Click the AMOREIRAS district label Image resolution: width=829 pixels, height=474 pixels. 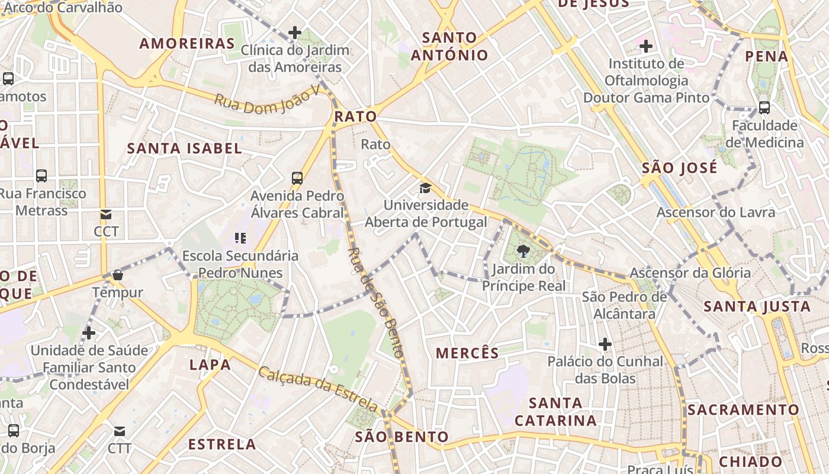click(x=187, y=43)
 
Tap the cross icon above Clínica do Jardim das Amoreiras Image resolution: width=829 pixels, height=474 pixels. click(x=294, y=33)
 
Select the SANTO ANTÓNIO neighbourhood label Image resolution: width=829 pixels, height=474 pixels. click(x=449, y=46)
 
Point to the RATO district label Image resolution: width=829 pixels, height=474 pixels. click(x=355, y=116)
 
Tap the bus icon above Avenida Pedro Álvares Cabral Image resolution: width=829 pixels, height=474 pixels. click(x=297, y=178)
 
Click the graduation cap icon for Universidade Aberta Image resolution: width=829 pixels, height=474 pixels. click(x=425, y=188)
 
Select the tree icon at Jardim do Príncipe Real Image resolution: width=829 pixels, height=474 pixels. click(x=523, y=252)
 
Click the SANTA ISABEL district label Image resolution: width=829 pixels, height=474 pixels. click(x=185, y=148)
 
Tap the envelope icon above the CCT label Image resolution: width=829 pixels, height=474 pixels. click(x=106, y=214)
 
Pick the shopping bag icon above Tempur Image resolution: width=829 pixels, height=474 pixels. click(x=117, y=275)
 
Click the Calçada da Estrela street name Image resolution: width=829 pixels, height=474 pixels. click(x=318, y=389)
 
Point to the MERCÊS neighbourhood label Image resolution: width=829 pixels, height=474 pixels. click(x=468, y=353)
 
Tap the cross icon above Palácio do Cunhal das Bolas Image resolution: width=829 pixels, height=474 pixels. click(x=605, y=344)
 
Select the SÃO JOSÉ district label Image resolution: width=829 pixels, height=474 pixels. click(x=679, y=168)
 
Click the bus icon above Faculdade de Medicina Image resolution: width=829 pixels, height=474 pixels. click(x=764, y=108)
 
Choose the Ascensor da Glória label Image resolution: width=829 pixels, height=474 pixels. click(x=690, y=273)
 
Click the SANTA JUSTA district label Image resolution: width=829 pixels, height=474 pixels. click(x=757, y=306)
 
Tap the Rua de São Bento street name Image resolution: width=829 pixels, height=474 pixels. click(x=376, y=302)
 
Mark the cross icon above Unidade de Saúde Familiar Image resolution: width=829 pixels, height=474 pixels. click(x=89, y=333)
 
